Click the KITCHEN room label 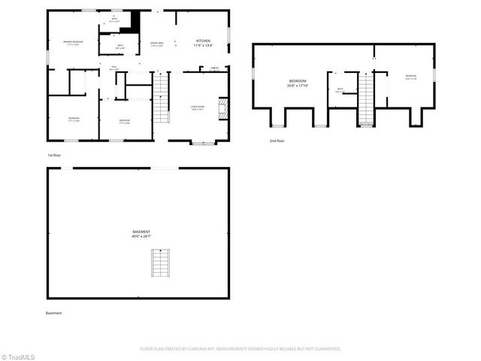204,43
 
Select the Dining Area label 157,44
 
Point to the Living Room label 198,108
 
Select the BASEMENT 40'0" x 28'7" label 141,234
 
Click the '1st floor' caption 54,155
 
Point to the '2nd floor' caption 277,141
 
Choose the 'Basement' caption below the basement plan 54,313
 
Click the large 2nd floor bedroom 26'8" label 298,83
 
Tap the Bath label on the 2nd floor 340,90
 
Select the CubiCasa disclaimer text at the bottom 240,349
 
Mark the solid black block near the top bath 135,21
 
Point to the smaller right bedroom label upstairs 410,77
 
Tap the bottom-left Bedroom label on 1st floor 74,119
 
